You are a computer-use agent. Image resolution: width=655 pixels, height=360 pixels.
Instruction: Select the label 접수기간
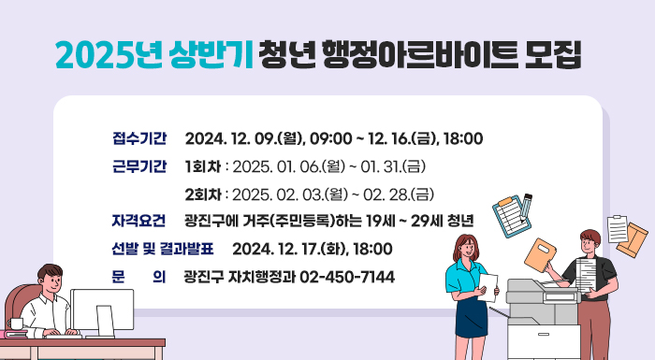[138, 139]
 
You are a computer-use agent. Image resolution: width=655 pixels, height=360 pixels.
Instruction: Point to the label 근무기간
[138, 167]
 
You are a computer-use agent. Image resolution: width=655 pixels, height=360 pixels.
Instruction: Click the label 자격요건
[138, 222]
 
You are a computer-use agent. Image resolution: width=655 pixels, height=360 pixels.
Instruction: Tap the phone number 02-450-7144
[347, 277]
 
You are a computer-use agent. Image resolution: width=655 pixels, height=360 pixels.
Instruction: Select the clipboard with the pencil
[513, 216]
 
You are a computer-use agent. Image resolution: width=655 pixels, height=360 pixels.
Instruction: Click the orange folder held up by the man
[544, 252]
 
